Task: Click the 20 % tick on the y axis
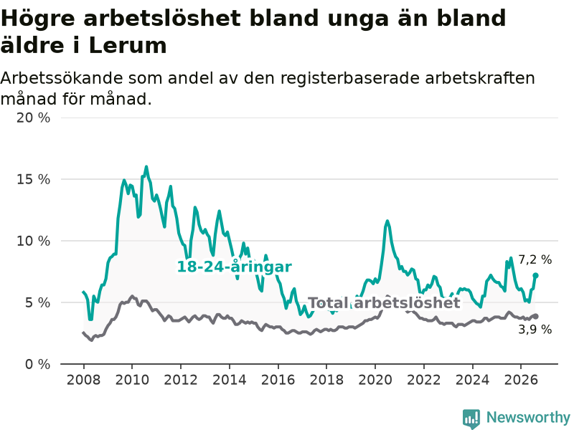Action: pos(33,118)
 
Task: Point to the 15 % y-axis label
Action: pos(33,179)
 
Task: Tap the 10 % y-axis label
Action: pos(33,241)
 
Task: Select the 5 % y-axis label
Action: pos(37,302)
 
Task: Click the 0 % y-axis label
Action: pos(37,364)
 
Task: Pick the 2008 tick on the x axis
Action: pos(83,380)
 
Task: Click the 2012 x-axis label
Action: pos(181,380)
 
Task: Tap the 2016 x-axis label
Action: pos(278,380)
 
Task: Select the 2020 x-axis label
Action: pos(375,380)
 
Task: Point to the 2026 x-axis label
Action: pos(521,380)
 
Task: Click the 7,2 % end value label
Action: pos(535,259)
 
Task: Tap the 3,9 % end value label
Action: pos(535,330)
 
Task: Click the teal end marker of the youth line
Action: pos(535,275)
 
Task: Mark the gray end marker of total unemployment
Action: pos(535,316)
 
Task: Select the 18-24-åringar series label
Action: pos(235,267)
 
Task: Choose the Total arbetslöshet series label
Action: pos(384,302)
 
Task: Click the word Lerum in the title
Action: pos(128,46)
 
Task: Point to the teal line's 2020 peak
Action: pos(387,221)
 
